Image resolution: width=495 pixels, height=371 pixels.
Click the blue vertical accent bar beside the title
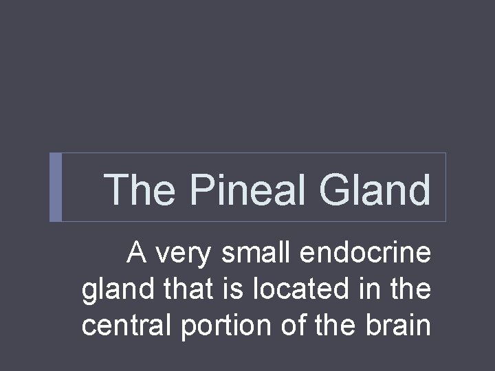point(56,187)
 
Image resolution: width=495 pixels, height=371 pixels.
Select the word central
point(126,325)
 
